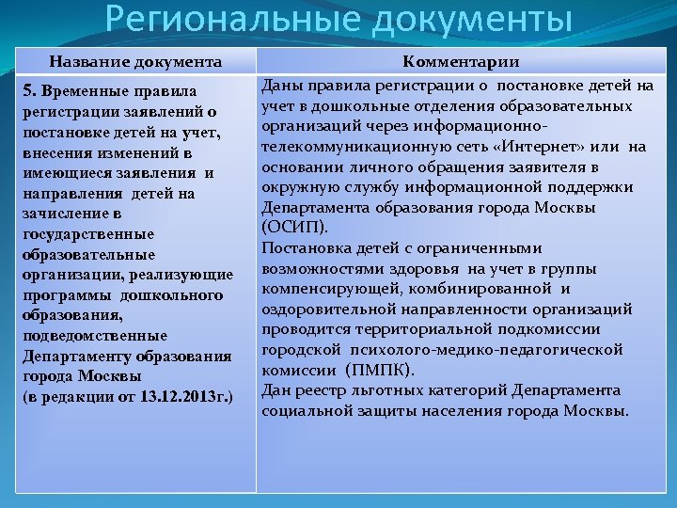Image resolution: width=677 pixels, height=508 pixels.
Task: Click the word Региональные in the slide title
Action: [x=219, y=19]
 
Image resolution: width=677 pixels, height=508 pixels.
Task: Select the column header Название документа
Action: [x=135, y=62]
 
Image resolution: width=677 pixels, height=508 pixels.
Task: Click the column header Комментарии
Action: [x=461, y=62]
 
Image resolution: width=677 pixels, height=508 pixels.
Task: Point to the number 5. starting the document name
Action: [x=28, y=92]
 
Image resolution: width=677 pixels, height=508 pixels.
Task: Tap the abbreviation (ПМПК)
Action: [x=380, y=370]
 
